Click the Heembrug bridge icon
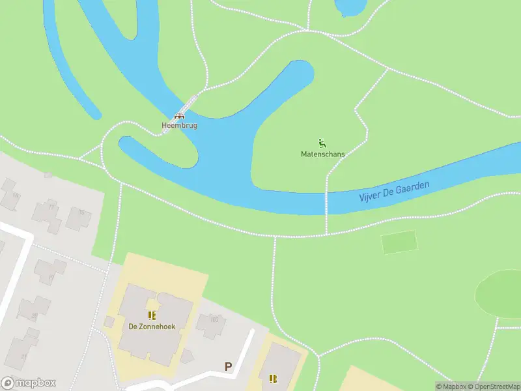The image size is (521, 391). pos(179,115)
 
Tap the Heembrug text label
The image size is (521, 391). pos(179,125)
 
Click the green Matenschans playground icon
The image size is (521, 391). pos(322,143)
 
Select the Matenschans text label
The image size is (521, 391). pos(322,154)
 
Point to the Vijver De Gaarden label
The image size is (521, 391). pos(394,191)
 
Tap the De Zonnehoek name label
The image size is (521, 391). pos(152,326)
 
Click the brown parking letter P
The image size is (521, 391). pos(228,367)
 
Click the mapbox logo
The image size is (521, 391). pos(29,383)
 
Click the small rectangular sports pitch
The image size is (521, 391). pos(399,242)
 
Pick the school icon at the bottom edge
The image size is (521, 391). pos(272,378)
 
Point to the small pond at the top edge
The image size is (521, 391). pos(350,7)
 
